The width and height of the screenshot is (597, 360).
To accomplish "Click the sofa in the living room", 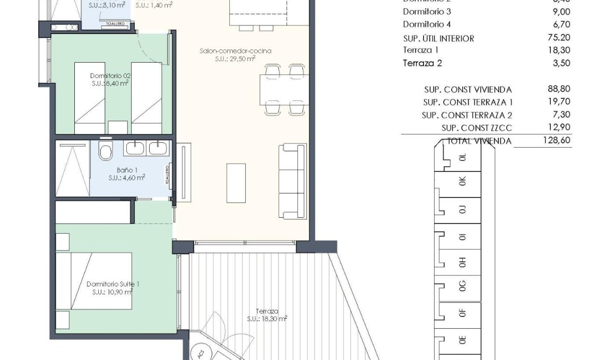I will click(x=292, y=181).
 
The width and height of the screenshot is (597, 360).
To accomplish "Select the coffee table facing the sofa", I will click(x=236, y=183).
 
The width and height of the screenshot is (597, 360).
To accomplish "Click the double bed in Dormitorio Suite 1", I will click(x=94, y=281).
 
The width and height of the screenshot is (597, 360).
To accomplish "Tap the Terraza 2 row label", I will click(x=422, y=63).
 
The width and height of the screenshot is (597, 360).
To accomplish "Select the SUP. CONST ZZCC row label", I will click(x=477, y=128).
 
